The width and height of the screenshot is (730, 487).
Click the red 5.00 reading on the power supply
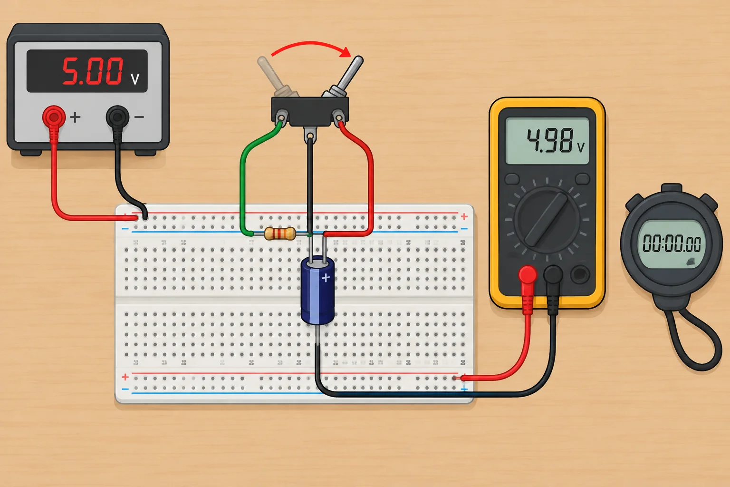tap(93, 71)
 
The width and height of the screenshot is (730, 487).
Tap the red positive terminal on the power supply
tap(54, 117)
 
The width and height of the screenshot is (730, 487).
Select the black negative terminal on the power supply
tap(117, 117)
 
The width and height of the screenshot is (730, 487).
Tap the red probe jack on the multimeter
tap(528, 274)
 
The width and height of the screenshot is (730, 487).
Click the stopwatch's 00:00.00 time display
tap(672, 243)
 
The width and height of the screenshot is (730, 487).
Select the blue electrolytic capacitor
tap(317, 290)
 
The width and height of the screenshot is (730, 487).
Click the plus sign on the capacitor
tap(326, 278)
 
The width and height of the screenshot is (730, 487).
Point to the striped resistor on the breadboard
tap(280, 234)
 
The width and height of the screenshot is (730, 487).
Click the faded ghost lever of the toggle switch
tap(276, 77)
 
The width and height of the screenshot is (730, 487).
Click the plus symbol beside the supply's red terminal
tap(75, 117)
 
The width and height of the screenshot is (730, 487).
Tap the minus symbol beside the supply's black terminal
tap(139, 117)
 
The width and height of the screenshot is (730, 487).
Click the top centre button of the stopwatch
tap(672, 188)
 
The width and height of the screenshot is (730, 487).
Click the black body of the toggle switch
tap(310, 111)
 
